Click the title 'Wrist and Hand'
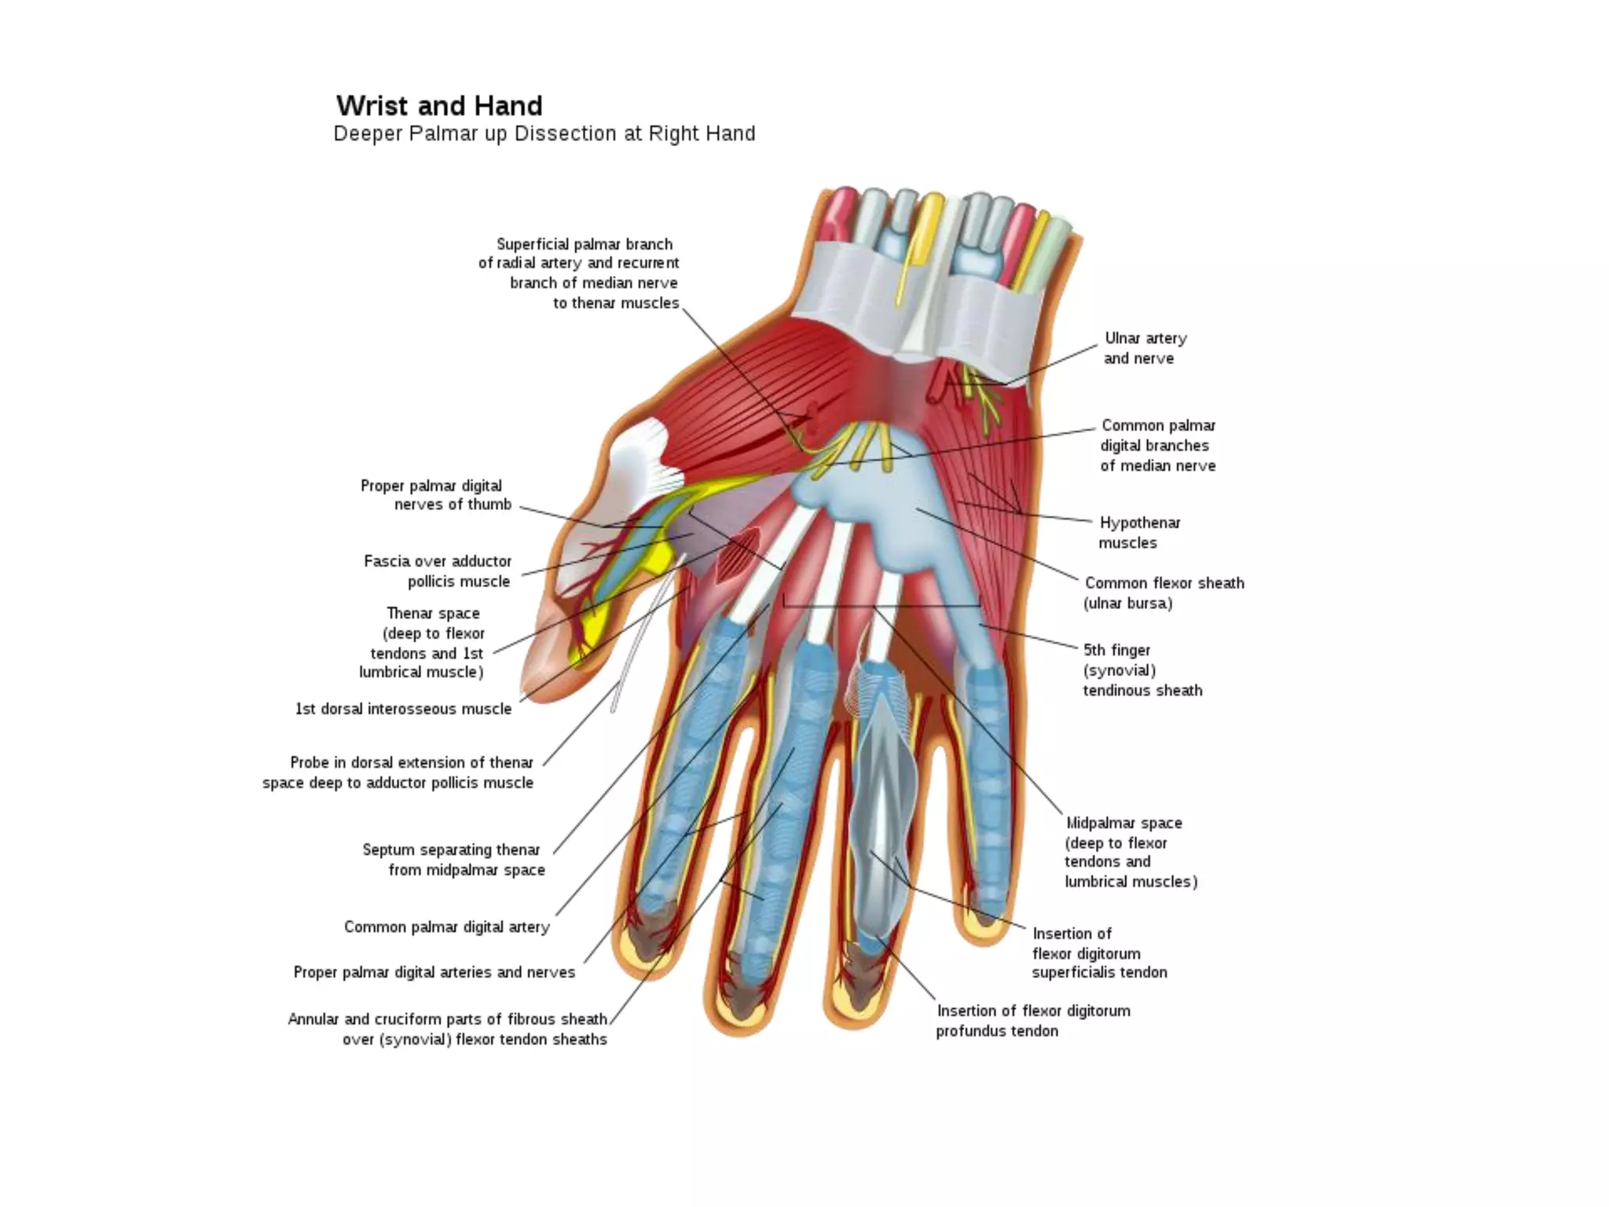[x=439, y=106]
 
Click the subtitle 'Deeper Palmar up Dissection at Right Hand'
[x=544, y=134]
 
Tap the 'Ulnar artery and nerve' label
[x=1144, y=348]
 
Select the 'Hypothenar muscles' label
[x=1138, y=533]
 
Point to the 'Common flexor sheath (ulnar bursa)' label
[x=1163, y=593]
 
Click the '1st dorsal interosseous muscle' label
[x=403, y=709]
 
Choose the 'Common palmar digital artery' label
[x=446, y=927]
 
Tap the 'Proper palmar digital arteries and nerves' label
[x=434, y=973]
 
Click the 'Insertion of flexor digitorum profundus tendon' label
[x=1032, y=1021]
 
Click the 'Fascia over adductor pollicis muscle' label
[x=437, y=571]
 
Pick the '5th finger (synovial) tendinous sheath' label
[x=1142, y=670]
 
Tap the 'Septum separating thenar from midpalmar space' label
[x=453, y=860]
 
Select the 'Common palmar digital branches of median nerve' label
[x=1157, y=446]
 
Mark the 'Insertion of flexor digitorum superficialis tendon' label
[x=1098, y=953]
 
